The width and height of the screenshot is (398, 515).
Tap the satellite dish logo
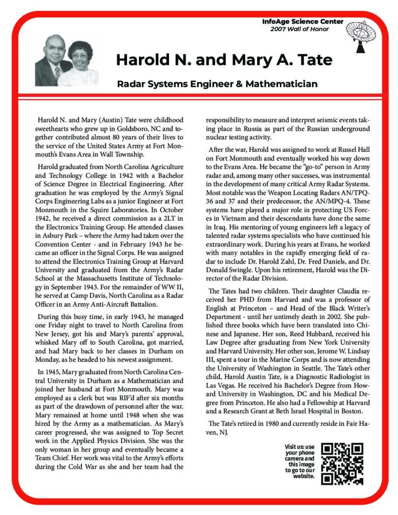pos(361,38)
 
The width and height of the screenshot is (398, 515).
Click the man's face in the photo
pos(54,52)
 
